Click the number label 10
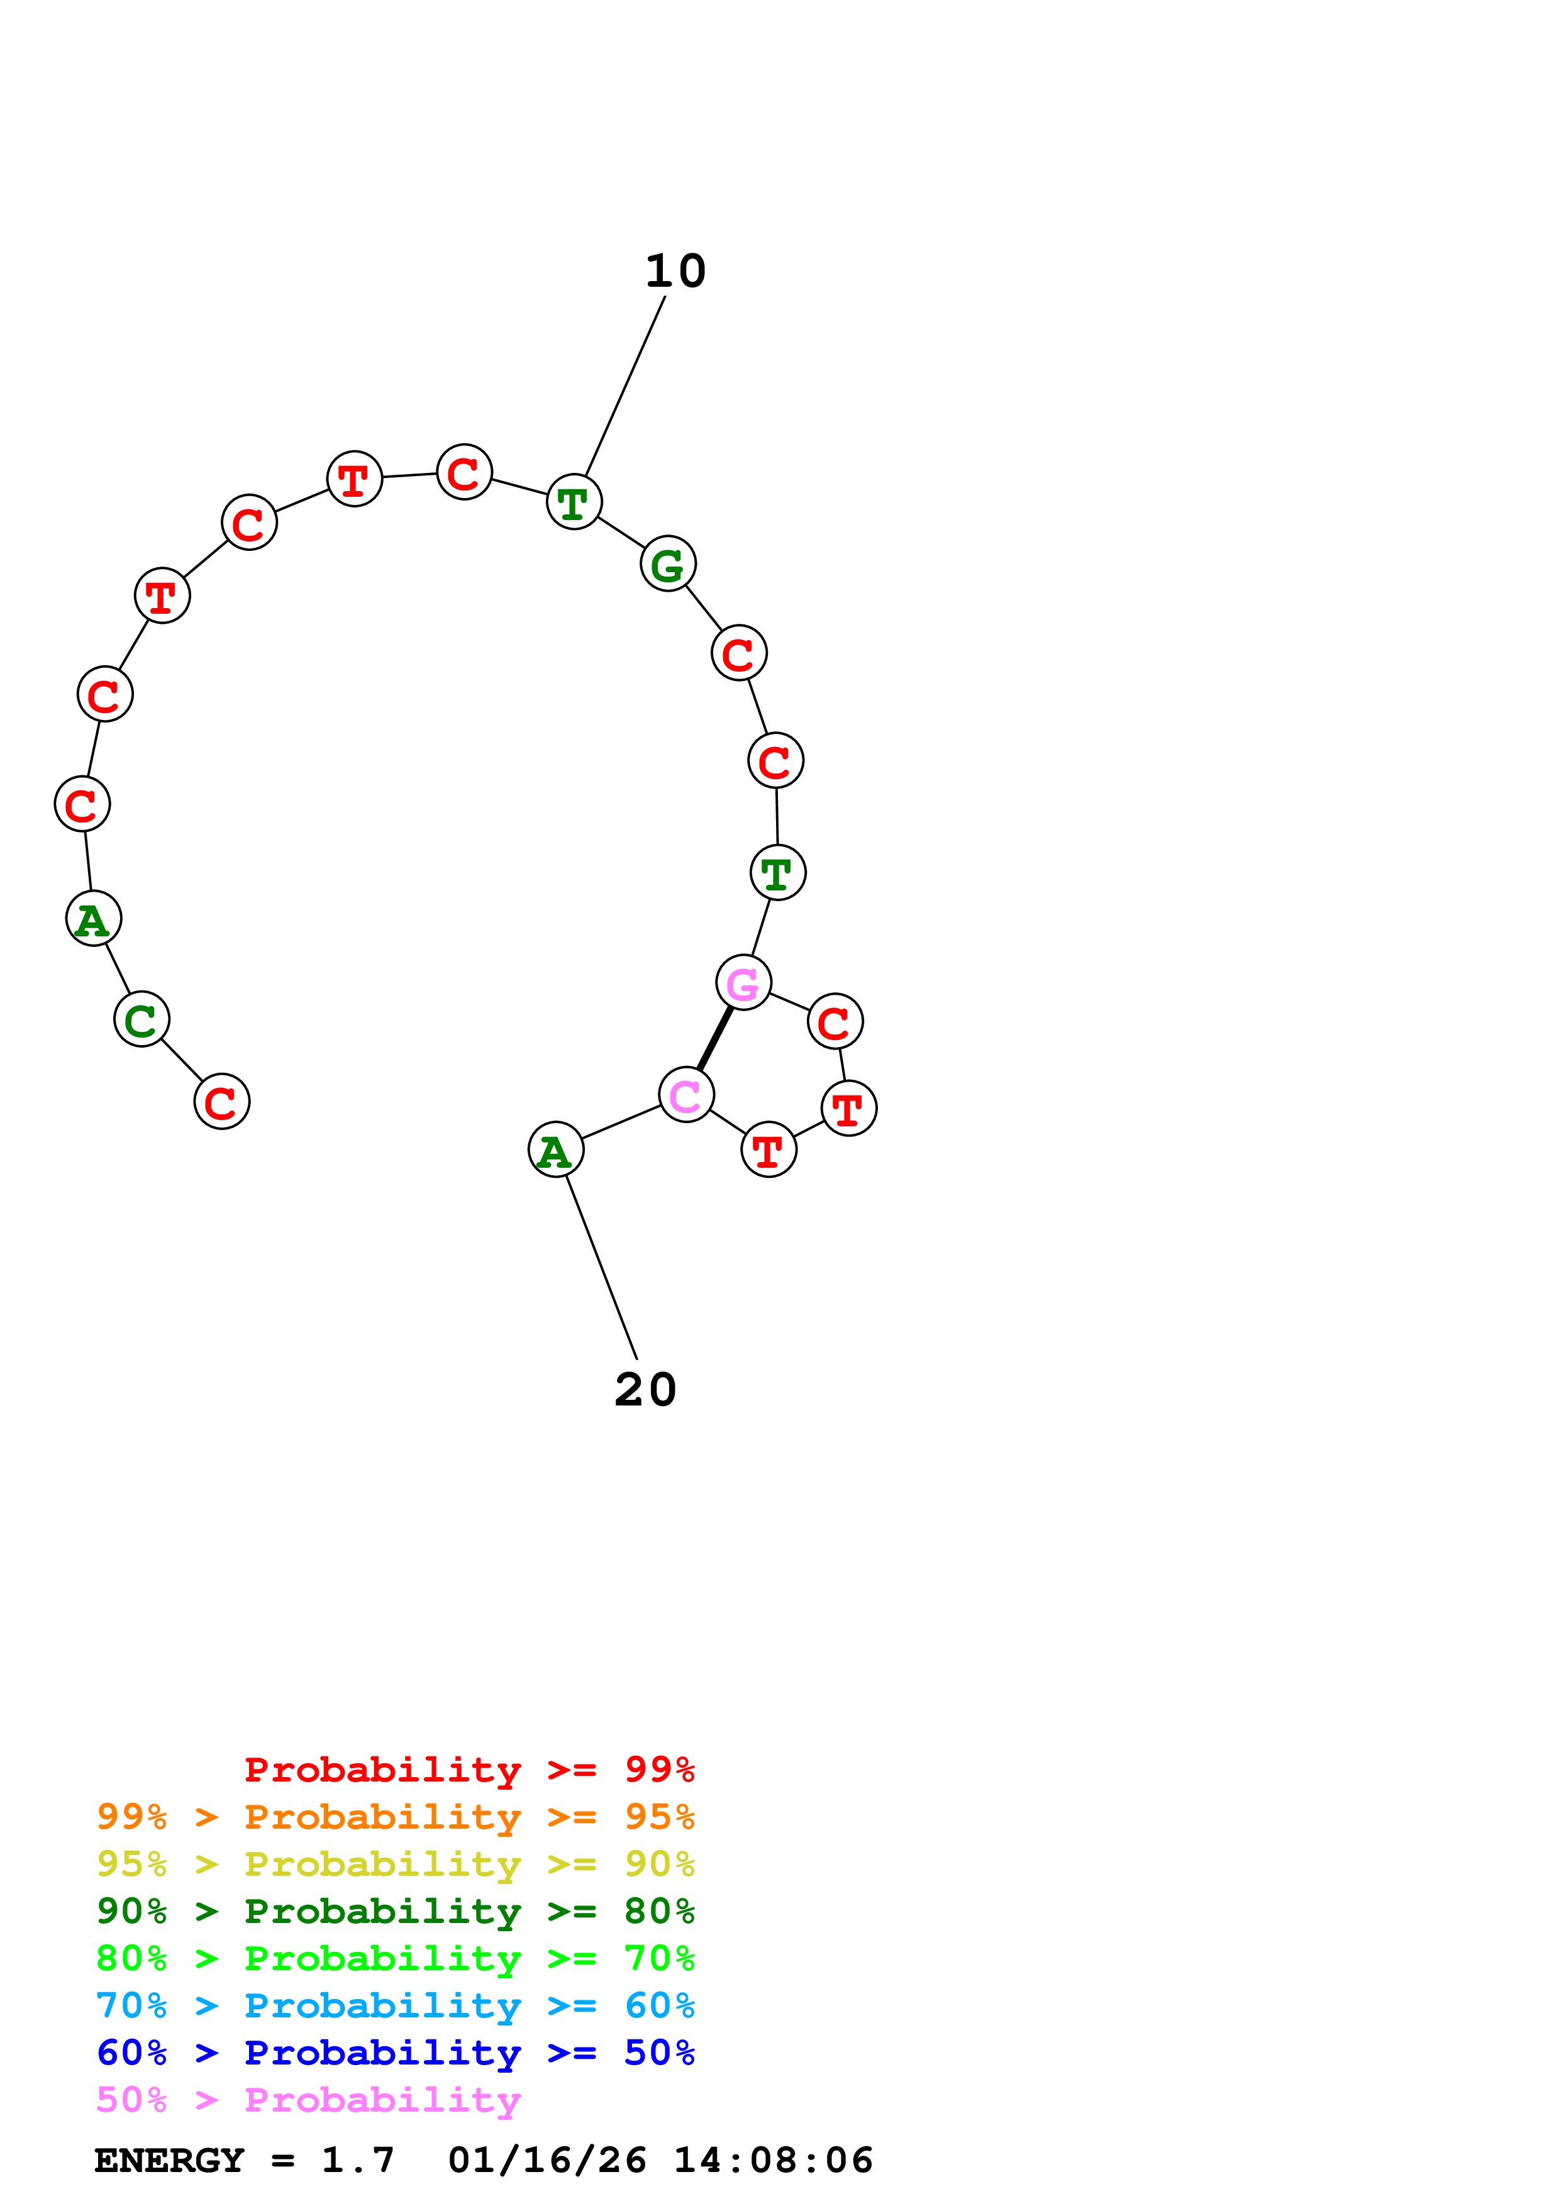tap(675, 272)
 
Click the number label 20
tap(645, 1390)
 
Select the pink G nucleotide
tap(743, 983)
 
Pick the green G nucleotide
tap(668, 564)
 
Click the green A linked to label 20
tap(556, 1150)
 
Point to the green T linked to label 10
tap(574, 502)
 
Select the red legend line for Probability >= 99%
tap(469, 1769)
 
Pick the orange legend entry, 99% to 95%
tap(395, 1816)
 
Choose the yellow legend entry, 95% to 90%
tap(395, 1863)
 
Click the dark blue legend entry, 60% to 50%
tap(395, 2053)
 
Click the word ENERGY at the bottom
tap(169, 2160)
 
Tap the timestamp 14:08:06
tap(774, 2160)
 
